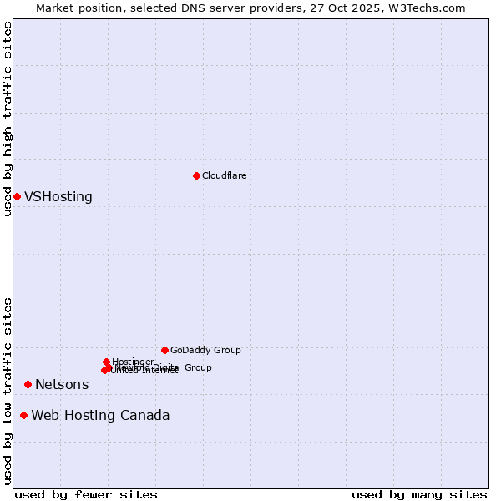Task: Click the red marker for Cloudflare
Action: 196,175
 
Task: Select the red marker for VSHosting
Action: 17,196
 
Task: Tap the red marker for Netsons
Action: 28,384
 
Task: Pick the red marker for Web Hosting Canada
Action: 23,415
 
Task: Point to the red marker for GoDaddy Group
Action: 164,350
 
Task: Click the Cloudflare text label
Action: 224,175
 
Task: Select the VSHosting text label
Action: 58,197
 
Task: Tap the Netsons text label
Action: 62,385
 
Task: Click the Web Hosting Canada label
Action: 100,416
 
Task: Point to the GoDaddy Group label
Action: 205,351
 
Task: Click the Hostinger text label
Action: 133,362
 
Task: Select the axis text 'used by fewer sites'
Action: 86,494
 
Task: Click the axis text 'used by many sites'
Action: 419,494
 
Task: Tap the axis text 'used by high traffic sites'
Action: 8,119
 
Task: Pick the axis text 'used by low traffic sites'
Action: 8,391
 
